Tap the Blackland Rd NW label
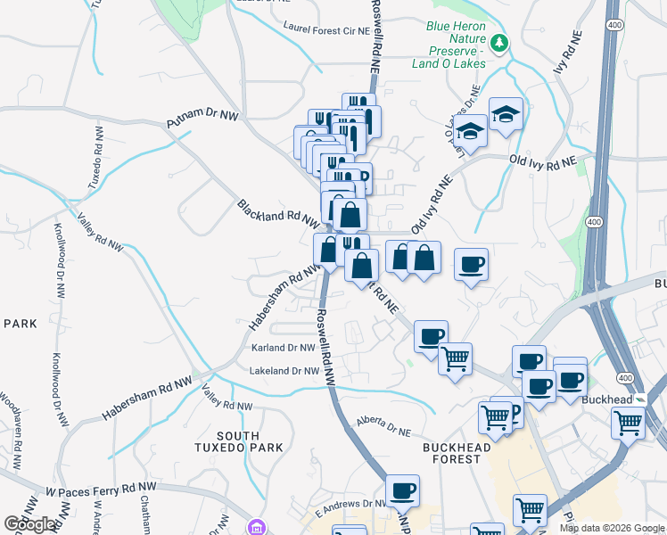[x=277, y=212]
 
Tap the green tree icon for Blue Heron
[x=500, y=41]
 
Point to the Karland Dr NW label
[x=283, y=348]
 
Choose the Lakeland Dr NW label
[x=284, y=370]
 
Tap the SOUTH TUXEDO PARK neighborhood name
[x=238, y=441]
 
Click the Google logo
[x=30, y=524]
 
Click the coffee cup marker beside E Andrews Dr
[x=402, y=490]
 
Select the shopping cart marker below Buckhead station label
[x=628, y=422]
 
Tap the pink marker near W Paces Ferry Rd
[x=258, y=527]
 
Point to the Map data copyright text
[x=613, y=528]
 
